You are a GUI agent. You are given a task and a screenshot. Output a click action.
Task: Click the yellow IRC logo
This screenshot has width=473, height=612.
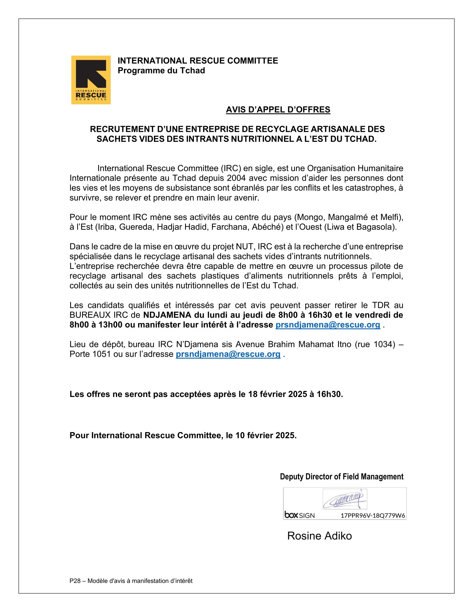[x=91, y=80]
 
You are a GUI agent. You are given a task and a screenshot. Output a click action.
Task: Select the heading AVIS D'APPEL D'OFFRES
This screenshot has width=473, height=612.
[x=278, y=110]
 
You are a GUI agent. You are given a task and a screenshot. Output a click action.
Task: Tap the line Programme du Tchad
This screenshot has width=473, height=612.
[x=161, y=71]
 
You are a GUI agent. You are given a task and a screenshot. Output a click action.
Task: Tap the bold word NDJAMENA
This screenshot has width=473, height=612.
[x=167, y=315]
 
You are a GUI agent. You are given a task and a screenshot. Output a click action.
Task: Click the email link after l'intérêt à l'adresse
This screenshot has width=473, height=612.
[x=328, y=325]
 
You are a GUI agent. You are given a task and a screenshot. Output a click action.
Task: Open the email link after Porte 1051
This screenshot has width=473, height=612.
[x=228, y=354]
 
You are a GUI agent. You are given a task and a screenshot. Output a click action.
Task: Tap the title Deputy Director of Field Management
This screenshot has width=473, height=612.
[x=342, y=477]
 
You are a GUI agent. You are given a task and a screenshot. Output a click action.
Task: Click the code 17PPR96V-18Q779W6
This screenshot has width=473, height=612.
[x=373, y=515]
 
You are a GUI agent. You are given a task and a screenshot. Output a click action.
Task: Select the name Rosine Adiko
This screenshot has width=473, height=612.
[x=319, y=536]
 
